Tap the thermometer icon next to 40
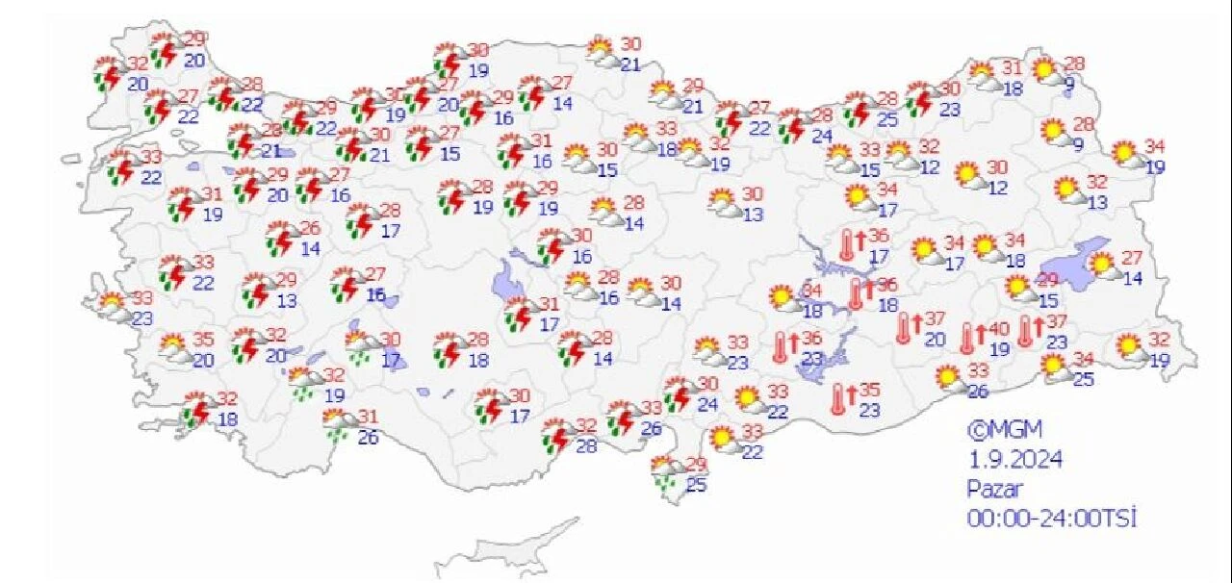click(x=968, y=339)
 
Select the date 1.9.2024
click(x=1014, y=460)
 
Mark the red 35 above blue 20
click(x=202, y=340)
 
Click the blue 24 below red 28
click(x=821, y=137)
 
